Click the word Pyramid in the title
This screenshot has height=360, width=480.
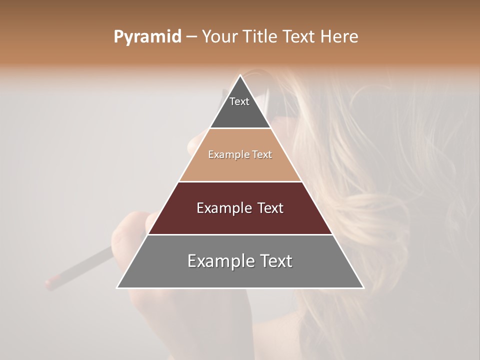point(147,37)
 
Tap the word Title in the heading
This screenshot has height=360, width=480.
point(261,37)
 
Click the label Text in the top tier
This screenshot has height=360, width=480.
point(239,101)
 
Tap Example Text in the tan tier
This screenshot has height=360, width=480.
point(240,154)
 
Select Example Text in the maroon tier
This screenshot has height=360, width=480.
point(240,208)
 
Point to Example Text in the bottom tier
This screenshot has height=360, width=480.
point(240,261)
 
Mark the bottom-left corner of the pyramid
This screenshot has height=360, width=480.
point(117,287)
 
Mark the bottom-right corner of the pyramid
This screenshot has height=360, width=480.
point(363,287)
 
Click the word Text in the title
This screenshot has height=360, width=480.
point(301,37)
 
